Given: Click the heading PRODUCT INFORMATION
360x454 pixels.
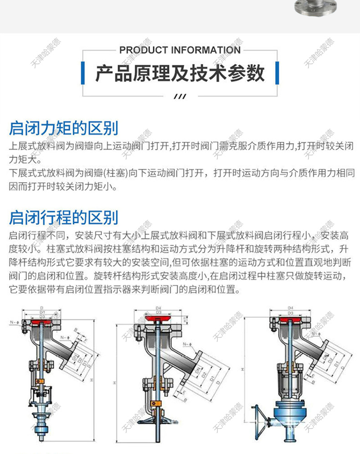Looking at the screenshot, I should tap(180, 50).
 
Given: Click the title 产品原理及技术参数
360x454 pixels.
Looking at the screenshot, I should tap(180, 74).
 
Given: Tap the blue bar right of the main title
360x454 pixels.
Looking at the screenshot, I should tap(277, 73).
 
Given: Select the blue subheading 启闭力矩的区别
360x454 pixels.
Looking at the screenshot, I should tap(63, 128).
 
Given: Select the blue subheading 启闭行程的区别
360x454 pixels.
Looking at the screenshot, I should tap(63, 217).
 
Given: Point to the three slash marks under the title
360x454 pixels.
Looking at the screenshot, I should tap(180, 97).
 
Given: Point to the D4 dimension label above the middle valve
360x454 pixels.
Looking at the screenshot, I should tap(158, 308).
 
